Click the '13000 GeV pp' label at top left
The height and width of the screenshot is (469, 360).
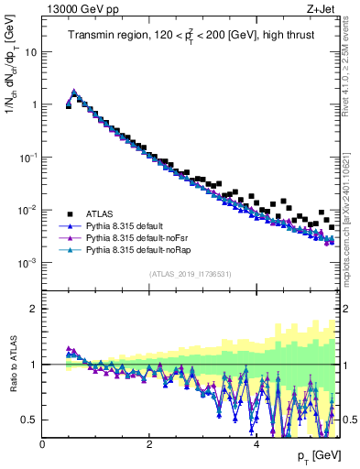[x=74, y=9]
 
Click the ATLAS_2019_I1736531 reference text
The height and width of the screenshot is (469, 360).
[x=191, y=274]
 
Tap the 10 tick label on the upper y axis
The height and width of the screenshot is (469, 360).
[x=31, y=51]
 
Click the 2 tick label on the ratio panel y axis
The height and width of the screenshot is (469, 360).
[x=35, y=309]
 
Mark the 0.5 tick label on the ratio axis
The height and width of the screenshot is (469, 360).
[x=30, y=420]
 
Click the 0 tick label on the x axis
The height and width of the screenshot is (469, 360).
[x=42, y=445]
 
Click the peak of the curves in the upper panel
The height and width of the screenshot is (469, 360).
[x=74, y=92]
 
